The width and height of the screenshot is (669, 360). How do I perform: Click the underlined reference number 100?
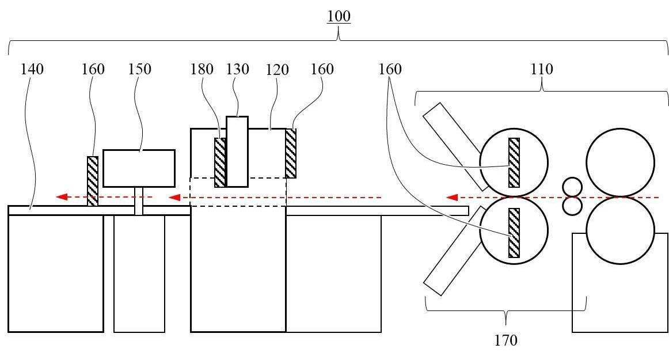coord(339,16)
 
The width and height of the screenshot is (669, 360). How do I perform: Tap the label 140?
coord(32,69)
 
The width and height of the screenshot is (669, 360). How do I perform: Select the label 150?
coord(139,69)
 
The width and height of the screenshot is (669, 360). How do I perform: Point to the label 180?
coord(202,69)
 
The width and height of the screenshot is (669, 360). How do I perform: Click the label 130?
coord(237,69)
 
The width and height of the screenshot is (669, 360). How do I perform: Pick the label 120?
coord(278,70)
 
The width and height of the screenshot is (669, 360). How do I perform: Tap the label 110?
coord(541,69)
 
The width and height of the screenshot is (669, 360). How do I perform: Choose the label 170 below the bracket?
coord(505,340)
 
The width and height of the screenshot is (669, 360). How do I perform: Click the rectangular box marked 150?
coord(139,168)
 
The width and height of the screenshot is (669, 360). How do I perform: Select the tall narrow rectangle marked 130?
coord(237,151)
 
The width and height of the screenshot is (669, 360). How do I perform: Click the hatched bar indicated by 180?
coord(220,162)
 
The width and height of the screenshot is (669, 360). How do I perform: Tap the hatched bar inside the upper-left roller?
coord(514,162)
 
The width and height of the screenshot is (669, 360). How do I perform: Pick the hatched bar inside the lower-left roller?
coord(514,233)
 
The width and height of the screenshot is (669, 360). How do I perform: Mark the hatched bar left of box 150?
coord(93,181)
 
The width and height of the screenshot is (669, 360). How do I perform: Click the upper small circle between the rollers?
coord(572,187)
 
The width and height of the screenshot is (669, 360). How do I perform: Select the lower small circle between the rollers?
coord(572,206)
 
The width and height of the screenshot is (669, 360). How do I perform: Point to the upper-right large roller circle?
coord(621,162)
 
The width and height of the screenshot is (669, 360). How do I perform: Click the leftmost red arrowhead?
coord(62,197)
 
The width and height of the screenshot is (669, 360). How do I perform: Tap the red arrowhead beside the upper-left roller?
coord(452,198)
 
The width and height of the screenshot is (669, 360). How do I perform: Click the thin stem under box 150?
coord(139,201)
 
